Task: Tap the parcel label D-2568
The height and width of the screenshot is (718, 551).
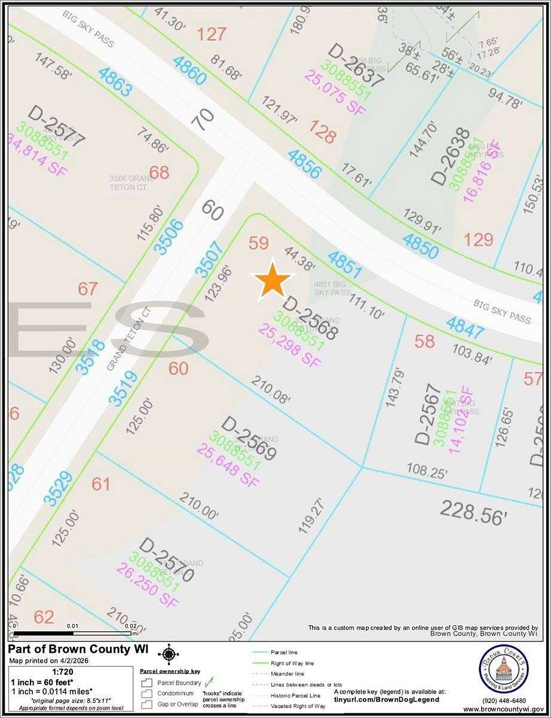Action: [x=311, y=318]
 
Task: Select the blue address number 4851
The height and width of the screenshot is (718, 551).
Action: [x=345, y=265]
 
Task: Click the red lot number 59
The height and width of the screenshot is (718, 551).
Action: [x=259, y=243]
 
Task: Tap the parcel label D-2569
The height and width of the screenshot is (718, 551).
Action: [x=249, y=439]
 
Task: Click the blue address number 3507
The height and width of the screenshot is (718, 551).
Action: [x=210, y=258]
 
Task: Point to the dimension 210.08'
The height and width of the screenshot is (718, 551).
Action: [x=271, y=390]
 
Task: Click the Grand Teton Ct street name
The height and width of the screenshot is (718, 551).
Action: [x=127, y=339]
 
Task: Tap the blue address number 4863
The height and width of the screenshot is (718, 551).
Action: [x=116, y=83]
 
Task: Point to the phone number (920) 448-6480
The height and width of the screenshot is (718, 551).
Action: [x=503, y=701]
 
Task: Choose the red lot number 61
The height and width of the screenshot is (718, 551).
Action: [x=102, y=483]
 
